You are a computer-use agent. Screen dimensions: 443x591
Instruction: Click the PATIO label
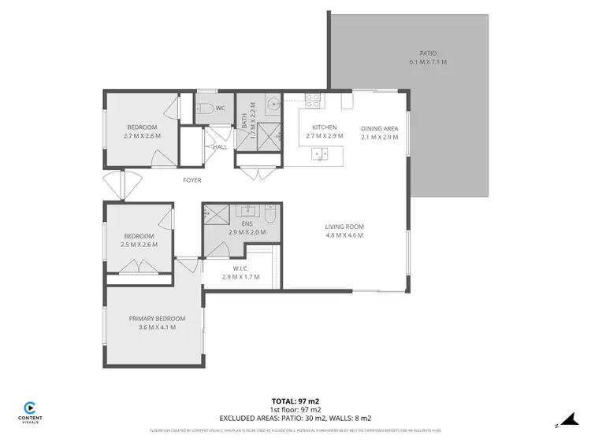tap(428, 52)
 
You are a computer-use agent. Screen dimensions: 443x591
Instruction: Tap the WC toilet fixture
tap(203, 109)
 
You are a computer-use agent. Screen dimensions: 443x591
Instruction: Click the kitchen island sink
tap(321, 154)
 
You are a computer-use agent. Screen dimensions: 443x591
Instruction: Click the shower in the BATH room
tap(269, 133)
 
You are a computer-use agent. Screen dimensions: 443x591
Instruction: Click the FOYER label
tap(192, 180)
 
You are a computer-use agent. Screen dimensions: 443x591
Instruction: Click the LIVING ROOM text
tap(344, 227)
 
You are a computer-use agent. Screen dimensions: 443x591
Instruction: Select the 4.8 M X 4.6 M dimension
tap(344, 235)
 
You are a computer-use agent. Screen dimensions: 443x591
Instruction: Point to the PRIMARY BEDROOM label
tap(158, 318)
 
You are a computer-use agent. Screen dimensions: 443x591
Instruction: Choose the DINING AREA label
tap(379, 128)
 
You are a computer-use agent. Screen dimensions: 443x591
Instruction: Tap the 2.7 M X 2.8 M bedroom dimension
tap(142, 136)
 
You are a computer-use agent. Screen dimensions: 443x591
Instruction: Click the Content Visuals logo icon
tap(30, 408)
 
